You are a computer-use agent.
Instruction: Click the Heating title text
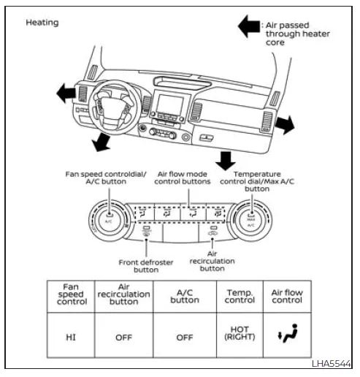(42, 22)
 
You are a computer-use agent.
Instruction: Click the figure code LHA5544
(332, 364)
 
